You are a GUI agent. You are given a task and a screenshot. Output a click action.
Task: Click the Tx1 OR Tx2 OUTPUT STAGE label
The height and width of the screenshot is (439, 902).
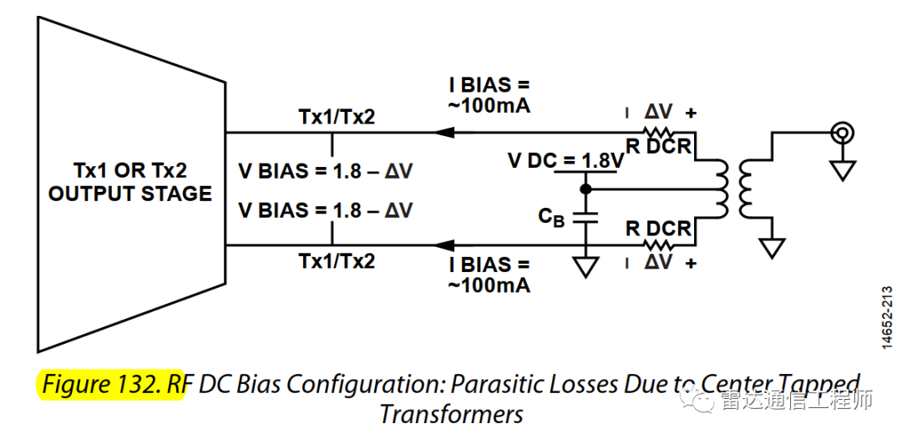click(x=129, y=182)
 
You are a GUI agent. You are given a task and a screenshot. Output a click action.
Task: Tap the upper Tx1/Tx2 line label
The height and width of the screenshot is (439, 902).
click(x=337, y=117)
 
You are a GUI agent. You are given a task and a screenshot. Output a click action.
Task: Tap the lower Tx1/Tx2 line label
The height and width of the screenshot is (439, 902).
click(x=337, y=260)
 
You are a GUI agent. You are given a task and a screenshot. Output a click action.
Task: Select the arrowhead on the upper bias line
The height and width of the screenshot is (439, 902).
click(x=442, y=132)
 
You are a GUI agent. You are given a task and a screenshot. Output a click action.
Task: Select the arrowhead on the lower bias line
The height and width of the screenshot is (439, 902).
click(x=442, y=245)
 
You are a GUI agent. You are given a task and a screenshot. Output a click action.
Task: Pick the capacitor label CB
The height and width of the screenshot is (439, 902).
click(x=550, y=217)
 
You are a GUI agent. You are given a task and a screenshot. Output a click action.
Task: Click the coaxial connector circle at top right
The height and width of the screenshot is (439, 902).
click(x=842, y=132)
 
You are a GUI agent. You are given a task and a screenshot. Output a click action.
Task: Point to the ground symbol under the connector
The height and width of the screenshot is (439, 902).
click(x=842, y=170)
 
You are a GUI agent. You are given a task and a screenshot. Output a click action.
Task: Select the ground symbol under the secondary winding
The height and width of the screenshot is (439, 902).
click(x=773, y=247)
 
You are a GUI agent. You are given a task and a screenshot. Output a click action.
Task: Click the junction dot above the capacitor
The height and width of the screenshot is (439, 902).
click(x=585, y=189)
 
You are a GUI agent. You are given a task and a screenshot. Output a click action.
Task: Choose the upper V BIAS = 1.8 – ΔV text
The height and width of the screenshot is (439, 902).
click(x=325, y=171)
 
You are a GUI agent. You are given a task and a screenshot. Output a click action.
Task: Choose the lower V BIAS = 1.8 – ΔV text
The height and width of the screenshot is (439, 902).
click(x=325, y=210)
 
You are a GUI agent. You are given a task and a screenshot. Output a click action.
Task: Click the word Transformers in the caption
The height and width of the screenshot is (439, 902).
click(x=451, y=414)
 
